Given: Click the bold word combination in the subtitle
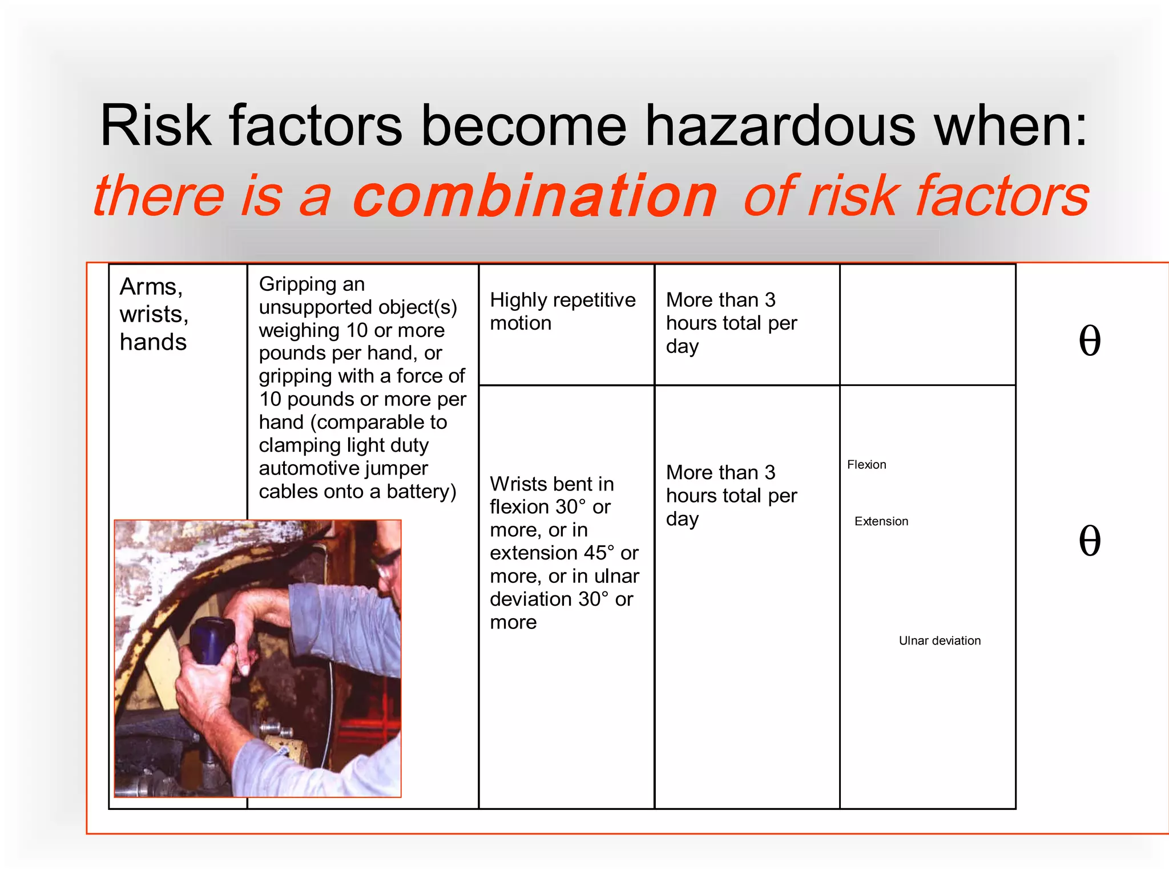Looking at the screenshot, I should pos(535,197).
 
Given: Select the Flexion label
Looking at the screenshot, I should pos(866,465).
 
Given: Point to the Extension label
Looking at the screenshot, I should pos(881,521).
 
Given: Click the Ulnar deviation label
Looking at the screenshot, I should pos(940,640).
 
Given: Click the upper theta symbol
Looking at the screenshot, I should pos(1089,341).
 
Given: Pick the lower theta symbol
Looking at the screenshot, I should pos(1089,541).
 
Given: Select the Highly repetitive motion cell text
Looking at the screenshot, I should pos(562,311).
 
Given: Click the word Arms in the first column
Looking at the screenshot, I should pos(151,286).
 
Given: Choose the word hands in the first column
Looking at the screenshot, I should pos(153,342).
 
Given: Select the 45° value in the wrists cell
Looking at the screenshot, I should pos(599,553).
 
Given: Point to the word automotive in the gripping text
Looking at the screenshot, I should pos(343,468).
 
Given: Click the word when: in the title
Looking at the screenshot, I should pos(1011,126).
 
